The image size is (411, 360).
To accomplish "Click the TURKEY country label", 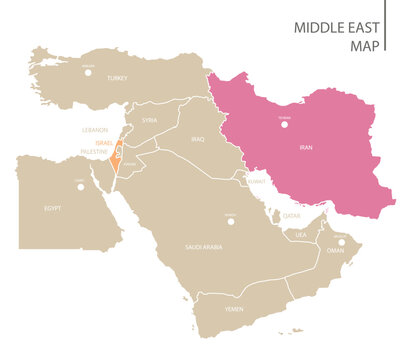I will coord(117,77).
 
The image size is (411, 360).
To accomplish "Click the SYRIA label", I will coord(150,120).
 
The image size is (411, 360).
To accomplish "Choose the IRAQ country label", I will coord(198,139).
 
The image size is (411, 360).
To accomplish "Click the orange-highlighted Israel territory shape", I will coord(117,156).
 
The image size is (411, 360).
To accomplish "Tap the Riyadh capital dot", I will coord(230,221).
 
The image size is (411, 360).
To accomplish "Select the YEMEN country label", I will coord(234,309).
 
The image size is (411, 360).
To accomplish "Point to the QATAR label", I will coord(291,215).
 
